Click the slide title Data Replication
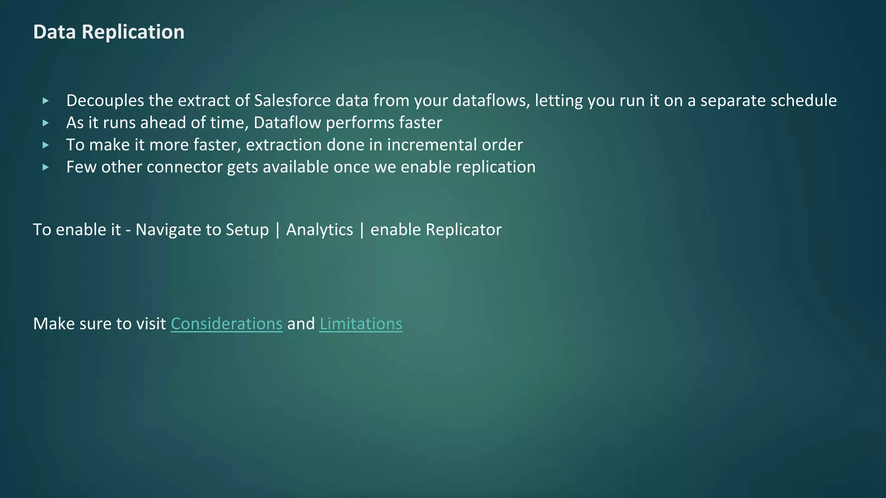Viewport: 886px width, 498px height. click(109, 32)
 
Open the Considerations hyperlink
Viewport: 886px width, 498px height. click(226, 324)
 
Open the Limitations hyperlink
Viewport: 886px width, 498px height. click(361, 324)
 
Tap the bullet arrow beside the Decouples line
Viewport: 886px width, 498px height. click(46, 101)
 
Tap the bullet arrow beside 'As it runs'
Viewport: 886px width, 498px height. click(46, 123)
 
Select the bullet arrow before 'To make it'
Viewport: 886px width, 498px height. click(46, 145)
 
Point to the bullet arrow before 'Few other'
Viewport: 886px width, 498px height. click(46, 167)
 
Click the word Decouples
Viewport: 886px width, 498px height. click(105, 100)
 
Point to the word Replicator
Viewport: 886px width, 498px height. click(463, 230)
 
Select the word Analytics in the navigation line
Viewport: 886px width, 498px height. click(319, 230)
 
